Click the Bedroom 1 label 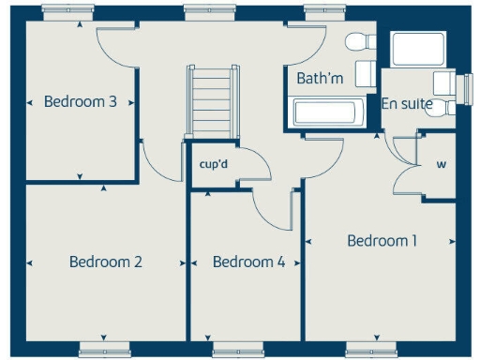(x=382, y=241)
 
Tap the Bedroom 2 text (x=106, y=262)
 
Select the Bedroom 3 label (x=81, y=101)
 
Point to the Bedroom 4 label (x=248, y=262)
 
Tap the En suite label (x=407, y=104)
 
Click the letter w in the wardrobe (x=440, y=166)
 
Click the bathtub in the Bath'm (x=325, y=113)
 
